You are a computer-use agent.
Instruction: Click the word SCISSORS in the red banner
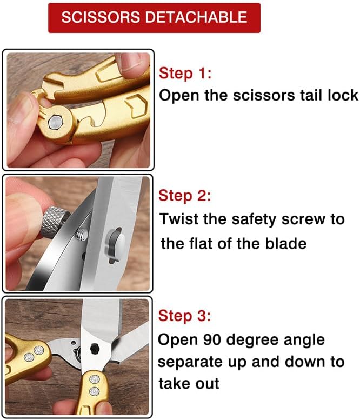(x=101, y=17)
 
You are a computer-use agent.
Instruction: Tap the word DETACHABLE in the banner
(x=196, y=17)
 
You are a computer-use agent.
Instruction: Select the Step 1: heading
(x=185, y=73)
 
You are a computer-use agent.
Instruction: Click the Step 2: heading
(x=184, y=195)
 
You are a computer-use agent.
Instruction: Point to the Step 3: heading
(x=184, y=316)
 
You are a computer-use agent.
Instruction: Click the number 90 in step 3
(x=212, y=339)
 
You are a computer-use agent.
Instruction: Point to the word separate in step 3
(x=190, y=362)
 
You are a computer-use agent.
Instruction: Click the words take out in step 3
(x=189, y=383)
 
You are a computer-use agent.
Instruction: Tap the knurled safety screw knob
(x=54, y=223)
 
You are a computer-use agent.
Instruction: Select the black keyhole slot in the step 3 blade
(x=95, y=349)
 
